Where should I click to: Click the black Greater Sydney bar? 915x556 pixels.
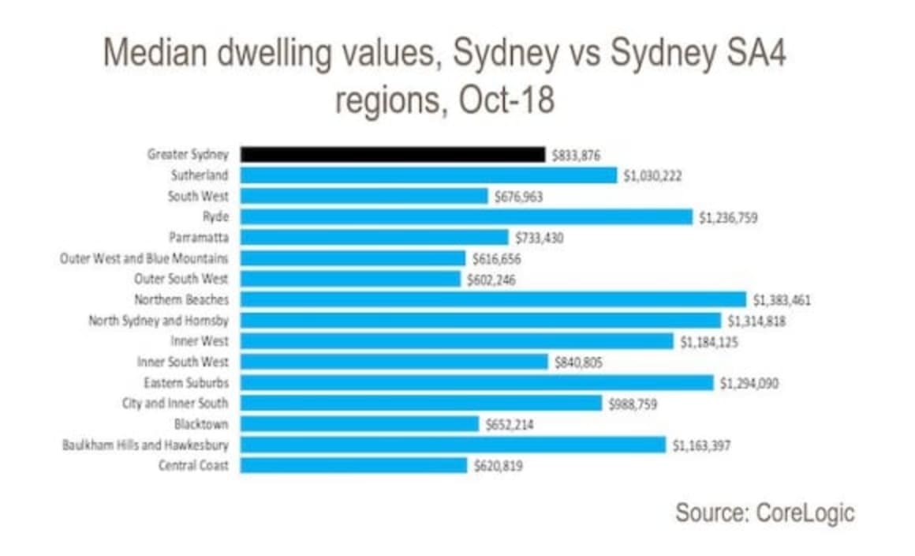click(392, 154)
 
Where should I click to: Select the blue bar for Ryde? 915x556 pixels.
click(465, 216)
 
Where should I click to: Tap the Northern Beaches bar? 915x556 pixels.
click(492, 299)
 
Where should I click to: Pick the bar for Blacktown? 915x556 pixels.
click(359, 424)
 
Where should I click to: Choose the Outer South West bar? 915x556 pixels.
click(349, 279)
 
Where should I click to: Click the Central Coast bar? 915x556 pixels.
click(353, 465)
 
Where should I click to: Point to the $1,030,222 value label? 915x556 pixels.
click(652, 175)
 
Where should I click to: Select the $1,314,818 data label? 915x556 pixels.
click(756, 321)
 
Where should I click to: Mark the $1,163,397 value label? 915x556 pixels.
click(701, 445)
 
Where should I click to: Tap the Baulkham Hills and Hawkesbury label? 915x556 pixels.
click(146, 445)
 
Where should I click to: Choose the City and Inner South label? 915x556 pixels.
click(175, 404)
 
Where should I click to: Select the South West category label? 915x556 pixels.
click(198, 196)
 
